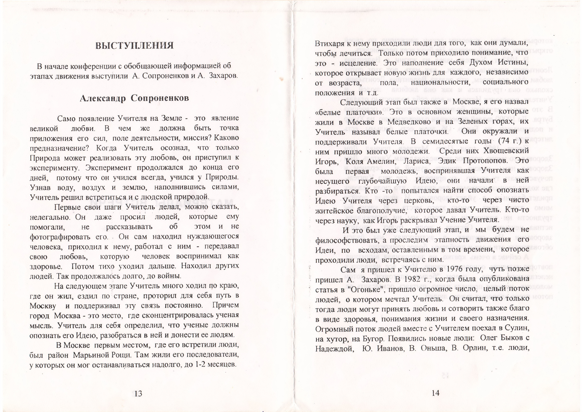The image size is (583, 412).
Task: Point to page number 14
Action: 435,393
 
